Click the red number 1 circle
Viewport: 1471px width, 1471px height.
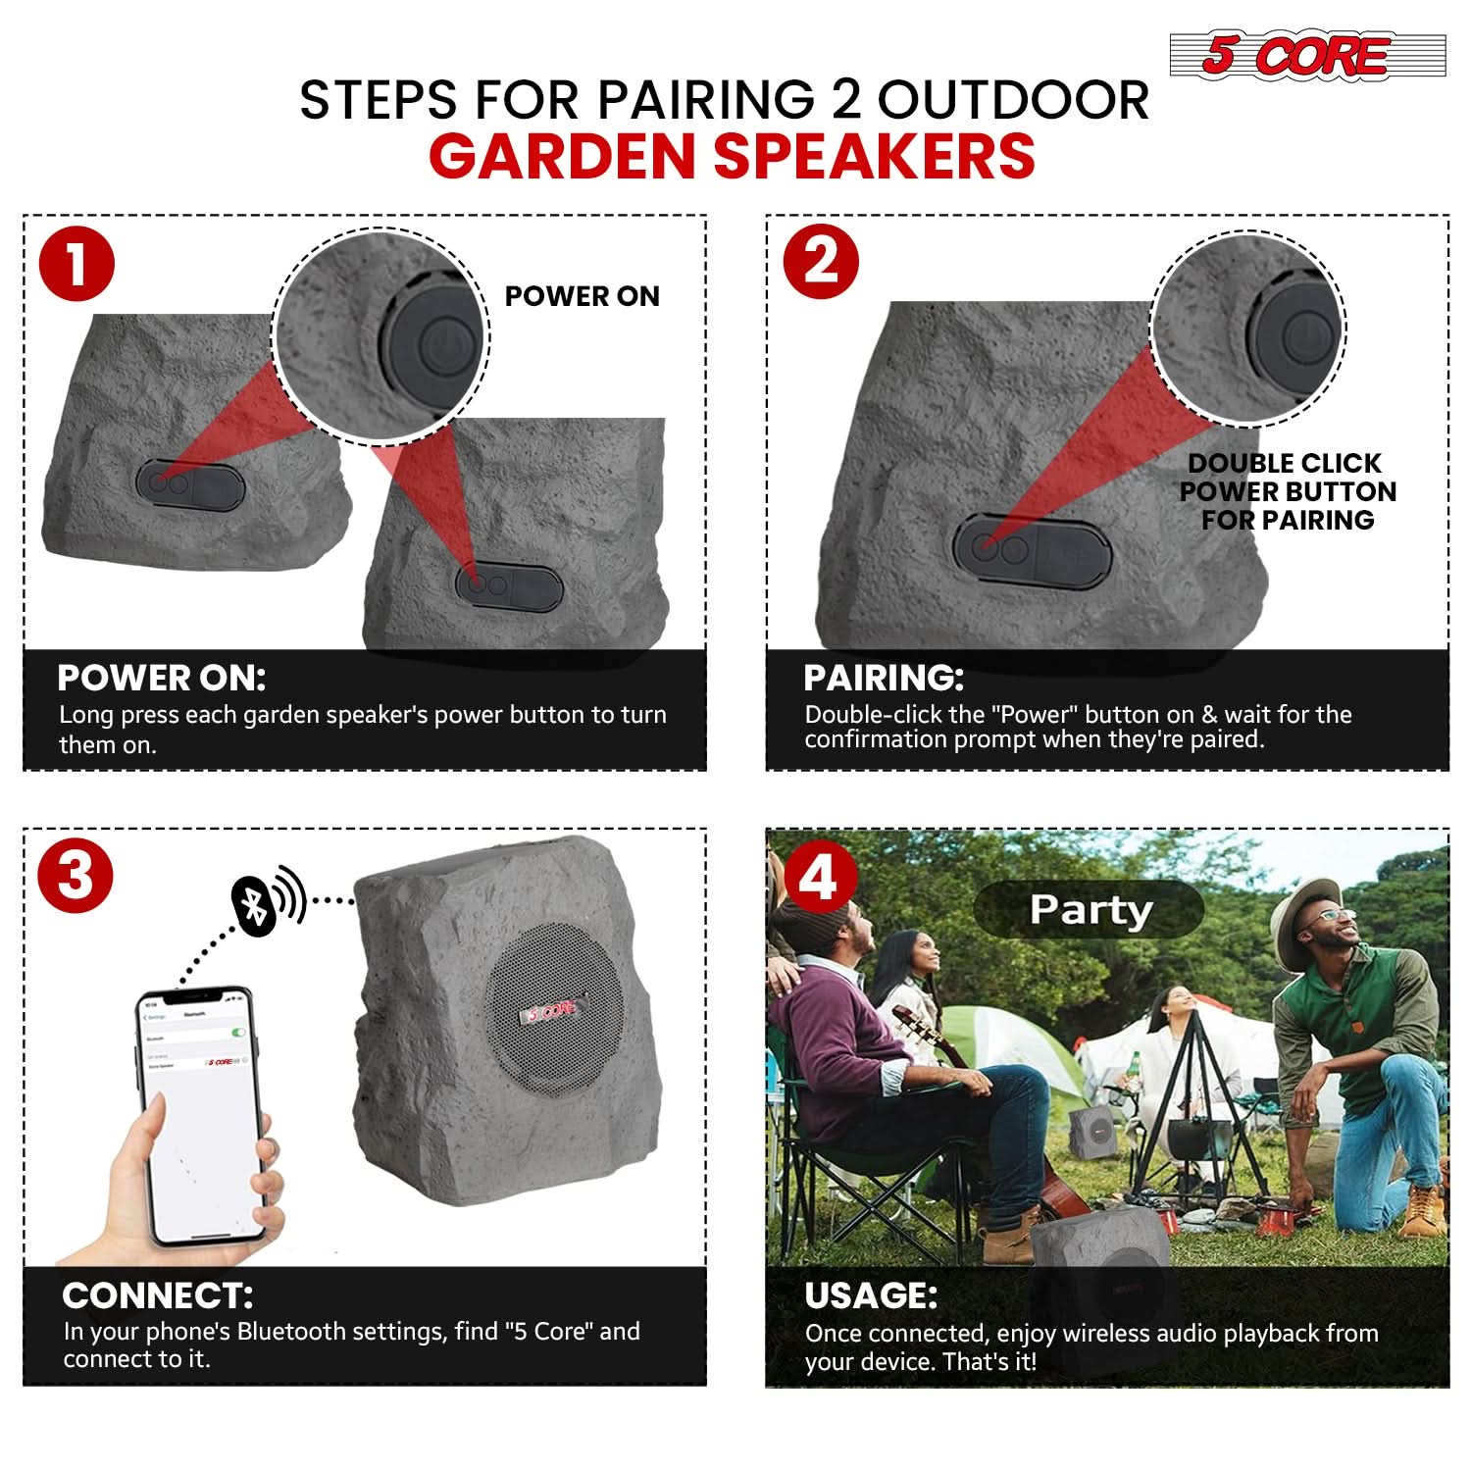(76, 264)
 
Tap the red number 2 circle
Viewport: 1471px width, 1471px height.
(821, 262)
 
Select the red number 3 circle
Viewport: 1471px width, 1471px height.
(76, 875)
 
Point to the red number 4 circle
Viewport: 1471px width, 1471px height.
(819, 877)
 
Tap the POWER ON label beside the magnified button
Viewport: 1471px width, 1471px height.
(582, 296)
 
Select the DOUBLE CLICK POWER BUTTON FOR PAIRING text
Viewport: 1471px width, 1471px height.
(1287, 491)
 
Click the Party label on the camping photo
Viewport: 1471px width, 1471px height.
(1089, 909)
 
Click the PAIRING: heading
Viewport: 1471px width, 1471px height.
(883, 678)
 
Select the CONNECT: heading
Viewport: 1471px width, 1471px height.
(157, 1295)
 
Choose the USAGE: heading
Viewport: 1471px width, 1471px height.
(870, 1295)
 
